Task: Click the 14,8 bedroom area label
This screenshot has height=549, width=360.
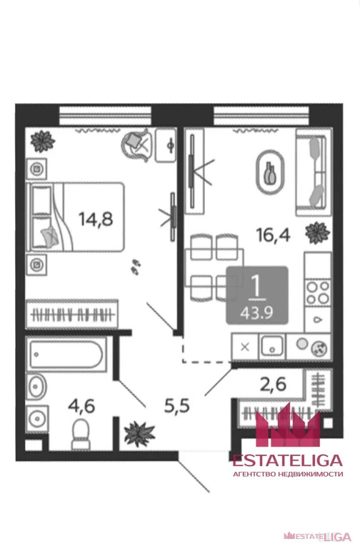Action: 96,219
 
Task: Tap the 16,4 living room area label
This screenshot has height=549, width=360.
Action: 273,234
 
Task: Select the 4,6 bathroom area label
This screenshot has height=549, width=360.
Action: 81,406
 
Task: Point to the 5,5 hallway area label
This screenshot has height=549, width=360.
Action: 177,406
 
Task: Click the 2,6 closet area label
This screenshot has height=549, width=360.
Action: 273,385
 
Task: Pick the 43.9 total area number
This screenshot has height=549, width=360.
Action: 256,312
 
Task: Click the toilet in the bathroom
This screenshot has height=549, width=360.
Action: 81,435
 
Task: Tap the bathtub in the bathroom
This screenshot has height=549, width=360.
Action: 66,355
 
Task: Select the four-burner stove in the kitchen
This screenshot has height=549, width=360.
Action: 318,292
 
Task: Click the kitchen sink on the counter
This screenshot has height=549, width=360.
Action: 272,346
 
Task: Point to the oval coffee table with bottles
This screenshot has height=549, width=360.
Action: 270,172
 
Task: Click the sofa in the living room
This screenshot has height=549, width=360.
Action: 314,172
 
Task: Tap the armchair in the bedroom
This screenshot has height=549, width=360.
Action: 137,144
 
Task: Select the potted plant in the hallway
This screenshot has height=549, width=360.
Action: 139,434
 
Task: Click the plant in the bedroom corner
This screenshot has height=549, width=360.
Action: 42,142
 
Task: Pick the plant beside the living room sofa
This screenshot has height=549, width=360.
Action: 317,233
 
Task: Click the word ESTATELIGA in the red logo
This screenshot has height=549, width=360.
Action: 288,460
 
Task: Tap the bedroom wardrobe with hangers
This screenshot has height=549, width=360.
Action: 71,314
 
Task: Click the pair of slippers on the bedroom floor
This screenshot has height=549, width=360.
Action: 136,267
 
